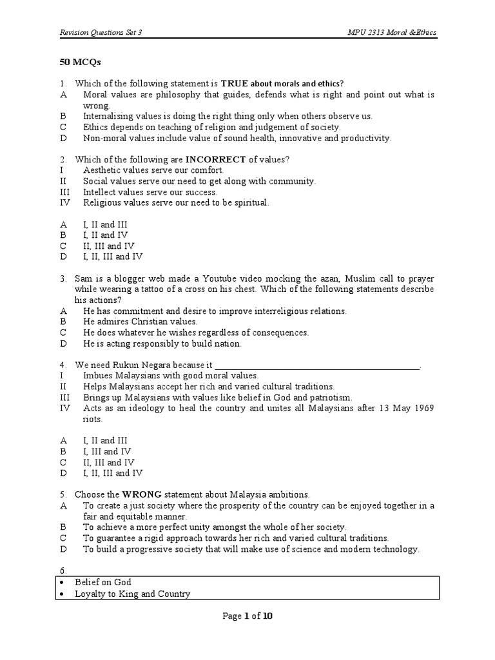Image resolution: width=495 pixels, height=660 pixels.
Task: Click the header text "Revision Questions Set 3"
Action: [x=101, y=32]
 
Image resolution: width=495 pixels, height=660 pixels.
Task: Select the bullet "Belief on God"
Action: [x=103, y=582]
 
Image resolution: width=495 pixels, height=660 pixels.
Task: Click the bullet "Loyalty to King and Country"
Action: [x=132, y=594]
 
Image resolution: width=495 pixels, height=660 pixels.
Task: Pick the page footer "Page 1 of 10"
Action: [x=247, y=616]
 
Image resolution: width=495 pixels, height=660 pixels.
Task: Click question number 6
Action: [x=63, y=570]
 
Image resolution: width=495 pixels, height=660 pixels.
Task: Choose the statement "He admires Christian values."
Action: [x=141, y=321]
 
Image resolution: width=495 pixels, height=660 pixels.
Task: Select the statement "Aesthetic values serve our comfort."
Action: [x=153, y=170]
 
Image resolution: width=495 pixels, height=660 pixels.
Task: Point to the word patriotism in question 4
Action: [x=330, y=397]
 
